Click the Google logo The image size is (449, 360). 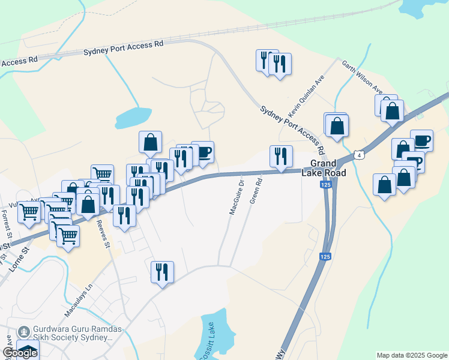tap(20, 353)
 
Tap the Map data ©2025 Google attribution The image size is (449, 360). tap(412, 355)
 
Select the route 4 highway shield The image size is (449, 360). tap(358, 155)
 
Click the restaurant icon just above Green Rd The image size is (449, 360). tap(281, 157)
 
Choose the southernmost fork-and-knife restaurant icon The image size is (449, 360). tap(162, 272)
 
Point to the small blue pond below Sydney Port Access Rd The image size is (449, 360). tap(133, 118)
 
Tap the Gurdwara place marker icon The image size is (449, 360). tap(24, 331)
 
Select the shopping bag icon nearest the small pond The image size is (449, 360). tap(150, 142)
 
